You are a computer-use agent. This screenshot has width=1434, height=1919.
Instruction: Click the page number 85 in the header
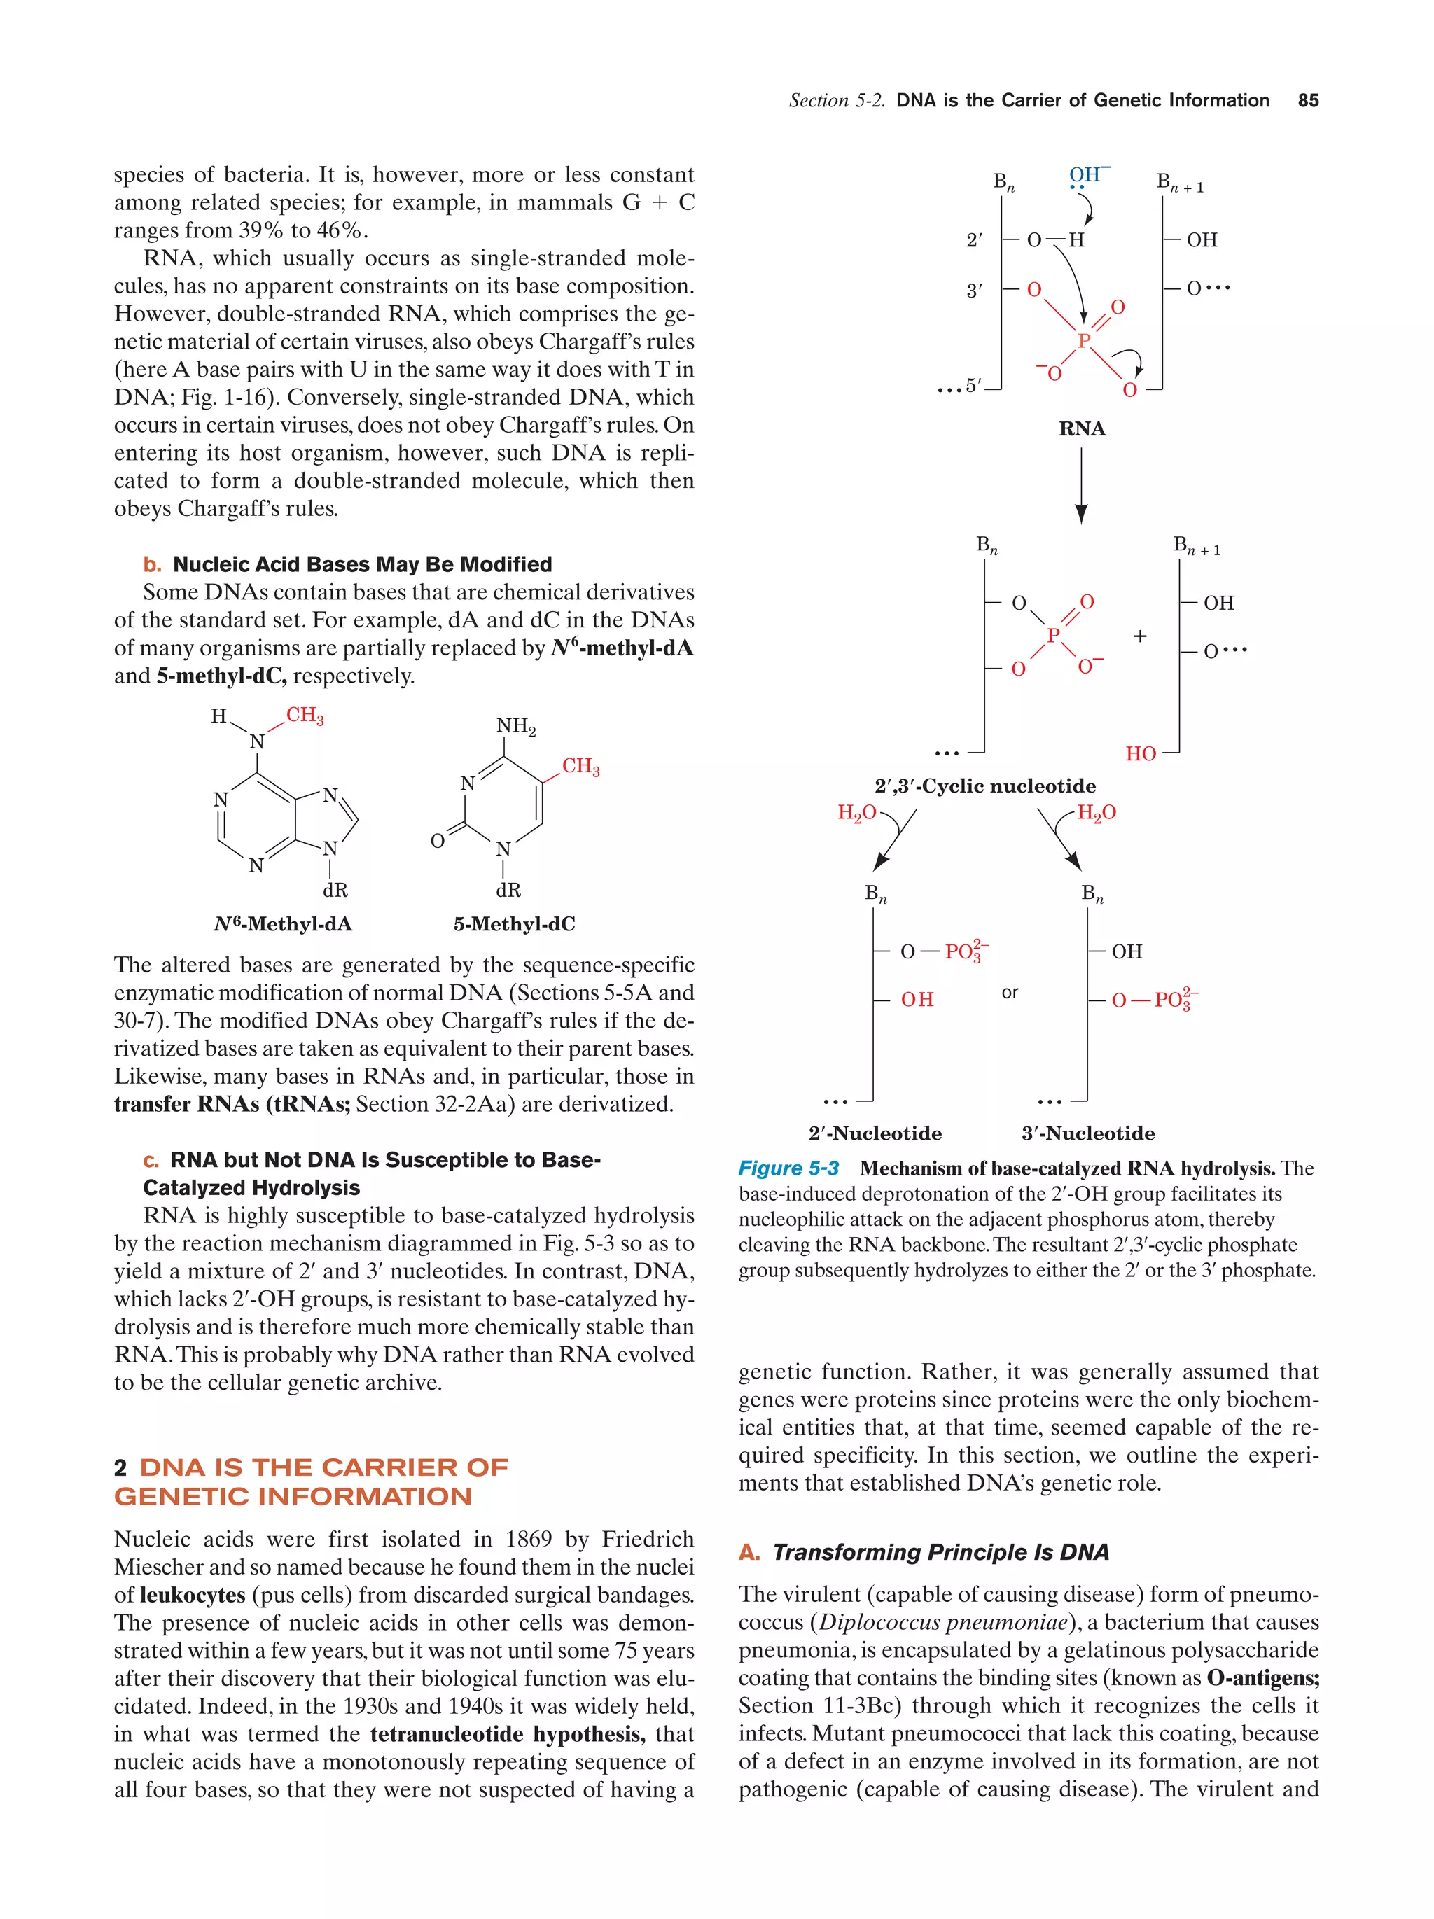pyautogui.click(x=1307, y=101)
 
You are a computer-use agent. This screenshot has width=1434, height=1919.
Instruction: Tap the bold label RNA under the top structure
pyautogui.click(x=1081, y=428)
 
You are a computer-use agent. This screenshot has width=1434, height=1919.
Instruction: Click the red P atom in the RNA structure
pyautogui.click(x=1083, y=341)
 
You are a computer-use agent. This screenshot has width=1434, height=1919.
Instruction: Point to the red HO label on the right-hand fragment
pyautogui.click(x=1140, y=754)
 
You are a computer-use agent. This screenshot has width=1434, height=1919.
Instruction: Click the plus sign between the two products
pyautogui.click(x=1139, y=636)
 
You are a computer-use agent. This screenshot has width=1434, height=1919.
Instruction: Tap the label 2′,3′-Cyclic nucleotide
pyautogui.click(x=984, y=786)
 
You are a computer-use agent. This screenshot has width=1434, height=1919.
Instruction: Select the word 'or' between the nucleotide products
pyautogui.click(x=1009, y=993)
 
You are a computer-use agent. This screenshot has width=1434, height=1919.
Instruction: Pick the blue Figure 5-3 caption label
pyautogui.click(x=788, y=1168)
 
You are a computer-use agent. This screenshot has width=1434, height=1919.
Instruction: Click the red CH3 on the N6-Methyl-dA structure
pyautogui.click(x=305, y=716)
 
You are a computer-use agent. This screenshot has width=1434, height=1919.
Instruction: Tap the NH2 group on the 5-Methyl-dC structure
pyautogui.click(x=515, y=726)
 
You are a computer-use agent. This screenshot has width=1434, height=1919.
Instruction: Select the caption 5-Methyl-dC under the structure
pyautogui.click(x=513, y=924)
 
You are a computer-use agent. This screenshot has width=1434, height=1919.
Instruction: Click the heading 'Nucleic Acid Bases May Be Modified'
pyautogui.click(x=362, y=565)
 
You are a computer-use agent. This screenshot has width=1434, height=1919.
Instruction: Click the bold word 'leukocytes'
pyautogui.click(x=193, y=1595)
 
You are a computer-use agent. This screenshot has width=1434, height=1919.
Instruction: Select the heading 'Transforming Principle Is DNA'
pyautogui.click(x=940, y=1552)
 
